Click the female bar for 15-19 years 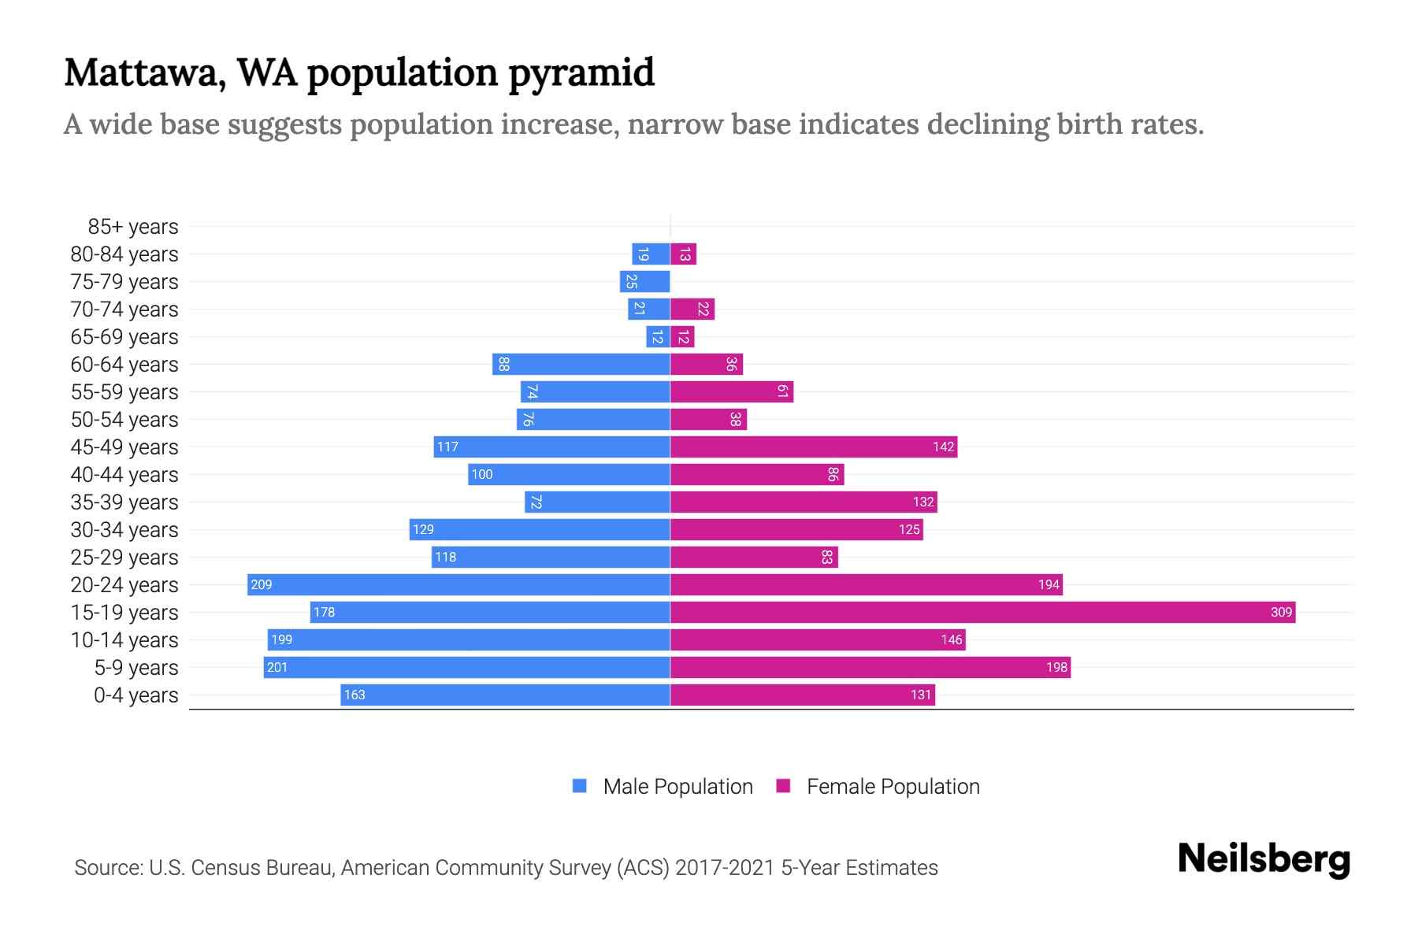click(982, 612)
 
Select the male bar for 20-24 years click(458, 584)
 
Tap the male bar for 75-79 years click(645, 281)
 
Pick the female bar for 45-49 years click(813, 447)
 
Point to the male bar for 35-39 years click(597, 502)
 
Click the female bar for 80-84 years click(683, 254)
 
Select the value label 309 click(1281, 612)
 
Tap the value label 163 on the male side click(354, 695)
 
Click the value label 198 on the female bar click(1056, 667)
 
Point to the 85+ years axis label click(133, 227)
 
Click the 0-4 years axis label click(135, 695)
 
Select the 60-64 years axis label click(124, 365)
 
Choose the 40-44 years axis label click(124, 475)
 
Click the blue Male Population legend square click(580, 786)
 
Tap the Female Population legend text click(893, 786)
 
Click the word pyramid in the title click(581, 73)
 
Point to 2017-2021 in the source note click(724, 868)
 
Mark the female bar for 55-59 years click(731, 391)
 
